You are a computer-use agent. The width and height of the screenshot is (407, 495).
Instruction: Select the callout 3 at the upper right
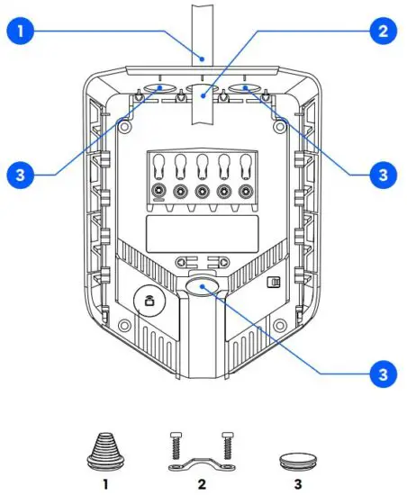384,173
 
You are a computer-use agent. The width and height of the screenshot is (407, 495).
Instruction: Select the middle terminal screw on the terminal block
202,192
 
